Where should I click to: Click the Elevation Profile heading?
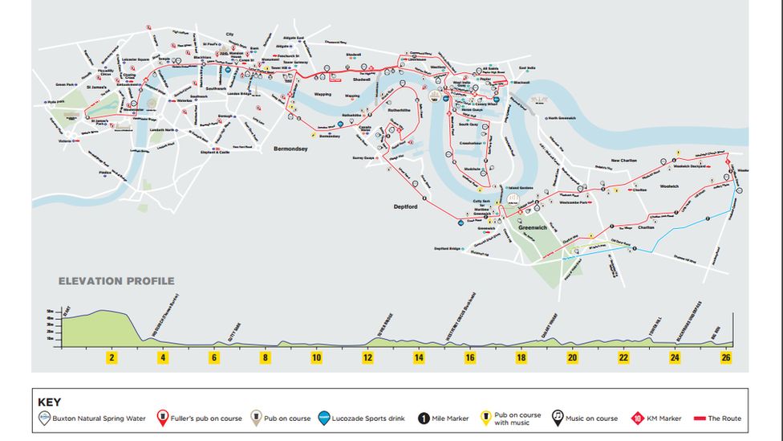[x=116, y=281]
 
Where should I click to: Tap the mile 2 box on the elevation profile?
[x=112, y=357]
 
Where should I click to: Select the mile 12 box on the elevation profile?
[x=367, y=357]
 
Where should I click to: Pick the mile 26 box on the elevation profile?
[x=726, y=357]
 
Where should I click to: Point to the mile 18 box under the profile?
[x=521, y=357]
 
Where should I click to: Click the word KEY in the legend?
[x=49, y=402]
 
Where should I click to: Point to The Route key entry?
[x=718, y=419]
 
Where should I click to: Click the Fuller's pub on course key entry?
[x=201, y=419]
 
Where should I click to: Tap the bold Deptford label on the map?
[x=406, y=206]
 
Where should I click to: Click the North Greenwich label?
[x=564, y=118]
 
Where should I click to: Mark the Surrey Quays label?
[x=364, y=158]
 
